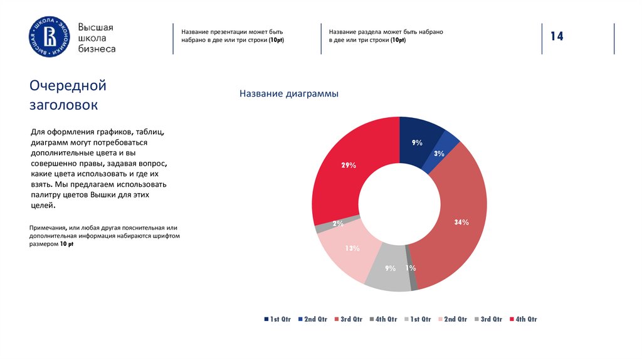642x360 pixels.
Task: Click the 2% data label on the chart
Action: click(338, 224)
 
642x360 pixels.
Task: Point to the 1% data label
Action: click(411, 268)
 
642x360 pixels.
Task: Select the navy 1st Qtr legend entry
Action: click(278, 319)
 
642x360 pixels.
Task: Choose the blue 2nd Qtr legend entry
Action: click(312, 319)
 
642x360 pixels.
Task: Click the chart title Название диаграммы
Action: click(288, 94)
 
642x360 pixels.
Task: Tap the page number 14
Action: click(557, 37)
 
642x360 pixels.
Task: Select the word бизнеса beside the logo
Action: click(96, 49)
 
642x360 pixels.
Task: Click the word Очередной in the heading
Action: click(68, 85)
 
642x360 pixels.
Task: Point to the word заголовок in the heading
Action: click(64, 105)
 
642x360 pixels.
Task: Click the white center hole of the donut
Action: click(399, 204)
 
